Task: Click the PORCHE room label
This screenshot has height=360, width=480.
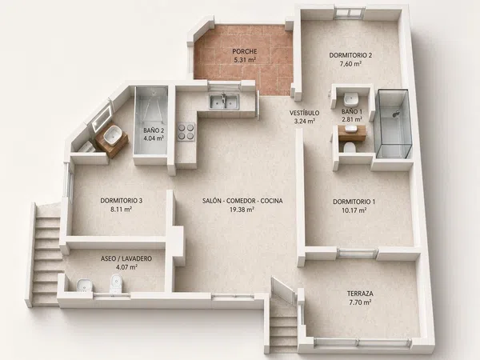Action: (x=244, y=51)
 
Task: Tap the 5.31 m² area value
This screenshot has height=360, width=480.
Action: (x=245, y=60)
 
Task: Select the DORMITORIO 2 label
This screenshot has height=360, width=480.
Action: (x=350, y=55)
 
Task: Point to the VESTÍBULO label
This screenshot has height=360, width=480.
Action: (x=304, y=113)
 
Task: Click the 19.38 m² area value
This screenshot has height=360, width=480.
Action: (x=242, y=210)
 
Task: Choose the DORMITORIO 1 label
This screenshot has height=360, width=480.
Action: (x=354, y=202)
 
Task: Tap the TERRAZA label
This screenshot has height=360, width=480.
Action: (x=360, y=294)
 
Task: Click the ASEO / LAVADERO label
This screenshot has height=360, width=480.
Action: (x=126, y=258)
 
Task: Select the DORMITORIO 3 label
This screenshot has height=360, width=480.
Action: (x=122, y=201)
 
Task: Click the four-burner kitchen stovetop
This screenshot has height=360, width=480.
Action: (x=186, y=132)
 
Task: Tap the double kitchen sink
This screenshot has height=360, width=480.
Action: (x=224, y=102)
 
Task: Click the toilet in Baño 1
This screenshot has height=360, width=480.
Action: (x=350, y=147)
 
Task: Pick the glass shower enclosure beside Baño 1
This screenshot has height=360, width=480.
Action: (x=394, y=123)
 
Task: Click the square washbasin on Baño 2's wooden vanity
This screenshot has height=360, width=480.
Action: (x=112, y=136)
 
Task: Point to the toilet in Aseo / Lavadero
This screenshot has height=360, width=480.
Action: (x=116, y=283)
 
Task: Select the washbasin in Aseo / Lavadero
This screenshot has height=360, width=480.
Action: (x=83, y=285)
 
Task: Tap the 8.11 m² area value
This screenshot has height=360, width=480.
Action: (x=122, y=210)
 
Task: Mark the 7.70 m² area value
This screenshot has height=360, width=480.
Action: (x=360, y=302)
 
